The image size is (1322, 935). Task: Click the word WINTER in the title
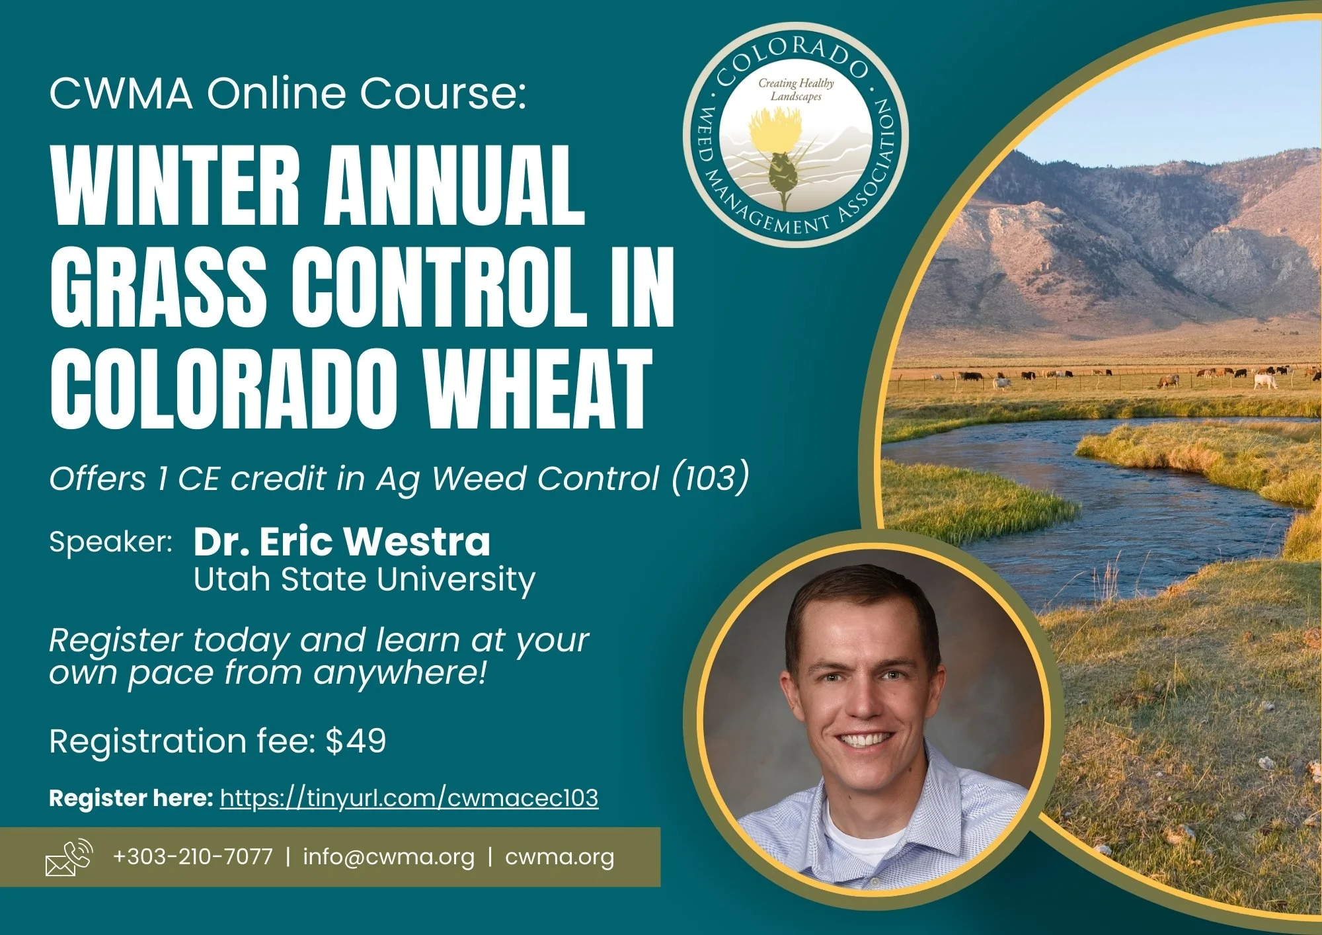175,186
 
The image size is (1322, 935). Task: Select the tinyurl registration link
408,798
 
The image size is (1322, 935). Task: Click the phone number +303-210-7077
192,857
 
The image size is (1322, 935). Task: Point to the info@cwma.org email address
389,857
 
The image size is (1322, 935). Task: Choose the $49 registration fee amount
356,741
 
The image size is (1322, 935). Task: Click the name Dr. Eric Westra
342,542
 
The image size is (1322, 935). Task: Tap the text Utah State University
364,580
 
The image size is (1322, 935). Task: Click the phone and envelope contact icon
69,858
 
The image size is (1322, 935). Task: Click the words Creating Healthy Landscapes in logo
796,89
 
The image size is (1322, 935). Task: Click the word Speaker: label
110,542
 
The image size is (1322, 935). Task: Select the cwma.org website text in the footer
559,857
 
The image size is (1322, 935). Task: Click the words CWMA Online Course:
288,93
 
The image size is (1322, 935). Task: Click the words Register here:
131,798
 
